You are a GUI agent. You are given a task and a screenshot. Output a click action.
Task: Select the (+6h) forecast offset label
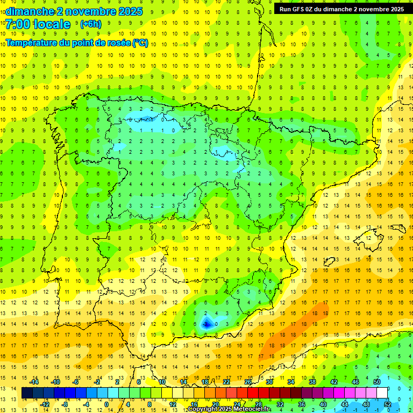coord(90,24)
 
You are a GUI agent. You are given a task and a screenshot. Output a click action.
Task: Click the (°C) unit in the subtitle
coord(140,44)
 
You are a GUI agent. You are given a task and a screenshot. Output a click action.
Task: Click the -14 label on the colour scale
coord(34,382)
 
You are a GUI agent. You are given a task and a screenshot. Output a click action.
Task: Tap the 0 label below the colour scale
coord(106,404)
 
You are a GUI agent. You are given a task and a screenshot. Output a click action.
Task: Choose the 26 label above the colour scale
coord(248,382)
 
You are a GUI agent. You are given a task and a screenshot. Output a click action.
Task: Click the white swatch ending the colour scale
coord(382,393)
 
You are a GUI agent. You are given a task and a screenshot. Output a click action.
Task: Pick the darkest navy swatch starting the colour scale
coord(27,393)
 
